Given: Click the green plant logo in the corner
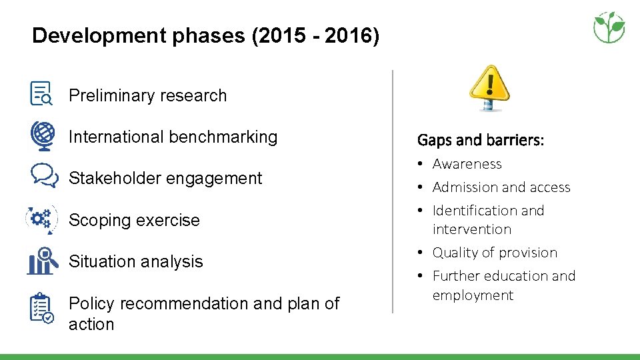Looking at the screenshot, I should pyautogui.click(x=609, y=27).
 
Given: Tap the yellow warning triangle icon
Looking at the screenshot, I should pyautogui.click(x=489, y=87).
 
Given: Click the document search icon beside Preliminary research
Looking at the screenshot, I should pyautogui.click(x=41, y=93).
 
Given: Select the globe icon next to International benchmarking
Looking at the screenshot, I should pyautogui.click(x=41, y=135).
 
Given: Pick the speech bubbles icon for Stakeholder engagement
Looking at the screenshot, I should pyautogui.click(x=43, y=176).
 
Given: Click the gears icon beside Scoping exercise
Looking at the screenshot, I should pyautogui.click(x=41, y=219).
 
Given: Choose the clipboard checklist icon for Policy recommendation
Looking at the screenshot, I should pyautogui.click(x=41, y=308).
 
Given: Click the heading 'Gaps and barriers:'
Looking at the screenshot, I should pyautogui.click(x=480, y=140).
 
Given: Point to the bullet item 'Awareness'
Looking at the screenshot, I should pyautogui.click(x=467, y=164).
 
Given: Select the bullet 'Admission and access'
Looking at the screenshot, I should pyautogui.click(x=501, y=187).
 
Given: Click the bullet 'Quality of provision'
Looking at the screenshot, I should pyautogui.click(x=494, y=253).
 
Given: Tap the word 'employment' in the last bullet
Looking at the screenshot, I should pyautogui.click(x=473, y=295).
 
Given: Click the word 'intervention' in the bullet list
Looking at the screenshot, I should pyautogui.click(x=471, y=229).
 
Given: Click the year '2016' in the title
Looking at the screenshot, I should pyautogui.click(x=351, y=35).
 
